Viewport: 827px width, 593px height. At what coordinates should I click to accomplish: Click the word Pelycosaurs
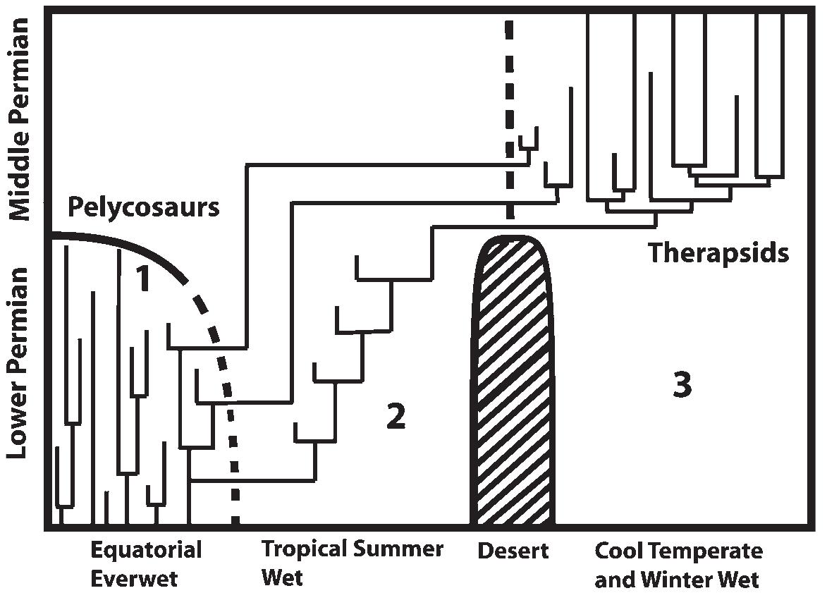pos(143,207)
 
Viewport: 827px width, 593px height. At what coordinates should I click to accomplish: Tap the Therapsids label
pos(718,252)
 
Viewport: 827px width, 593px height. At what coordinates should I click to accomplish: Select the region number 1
pos(143,279)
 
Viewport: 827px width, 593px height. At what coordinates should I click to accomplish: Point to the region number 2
pos(396,417)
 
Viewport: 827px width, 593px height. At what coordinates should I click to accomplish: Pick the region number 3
pos(682,386)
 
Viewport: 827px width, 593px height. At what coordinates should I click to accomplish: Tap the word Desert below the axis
pos(513,551)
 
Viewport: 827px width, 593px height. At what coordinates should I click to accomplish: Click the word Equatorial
pos(147,550)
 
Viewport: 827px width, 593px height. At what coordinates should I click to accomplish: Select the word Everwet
pos(135,579)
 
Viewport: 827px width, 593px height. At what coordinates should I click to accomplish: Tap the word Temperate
pos(705,551)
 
